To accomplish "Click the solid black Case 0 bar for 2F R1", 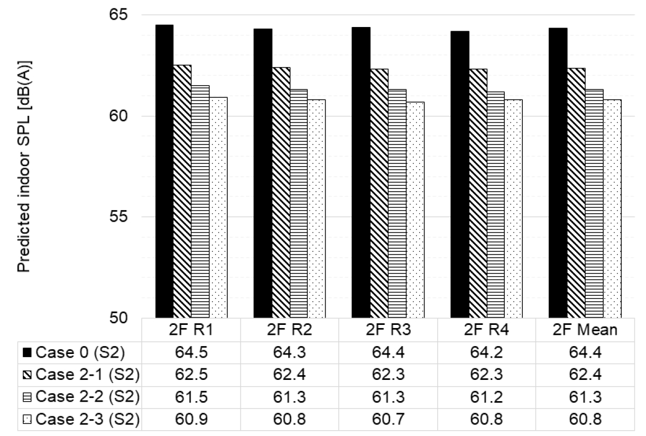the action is point(164,171).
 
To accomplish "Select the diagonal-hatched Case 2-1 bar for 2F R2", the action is point(281,193).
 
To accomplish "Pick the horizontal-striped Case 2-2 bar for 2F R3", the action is point(397,204).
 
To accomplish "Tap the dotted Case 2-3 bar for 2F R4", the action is point(514,209).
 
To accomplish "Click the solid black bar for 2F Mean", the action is point(558,173).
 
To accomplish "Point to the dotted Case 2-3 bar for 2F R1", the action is point(218,207).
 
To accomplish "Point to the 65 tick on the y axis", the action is point(118,14).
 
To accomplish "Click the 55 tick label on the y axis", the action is point(118,216).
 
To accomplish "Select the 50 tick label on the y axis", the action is point(118,318).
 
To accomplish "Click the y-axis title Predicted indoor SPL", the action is point(24,167).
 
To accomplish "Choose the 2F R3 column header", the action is point(388,330).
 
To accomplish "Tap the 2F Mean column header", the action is point(585,330).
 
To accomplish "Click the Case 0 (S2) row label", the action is point(80,352).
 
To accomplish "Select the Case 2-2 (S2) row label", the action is point(88,397).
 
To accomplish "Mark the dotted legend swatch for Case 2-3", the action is point(27,419).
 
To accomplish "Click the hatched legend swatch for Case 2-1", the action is point(27,375).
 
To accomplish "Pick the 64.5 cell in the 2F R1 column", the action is point(191,352).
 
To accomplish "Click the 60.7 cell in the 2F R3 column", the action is point(388,419).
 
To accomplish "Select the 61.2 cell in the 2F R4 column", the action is point(486,397).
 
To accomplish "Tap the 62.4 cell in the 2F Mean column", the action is point(585,375).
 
